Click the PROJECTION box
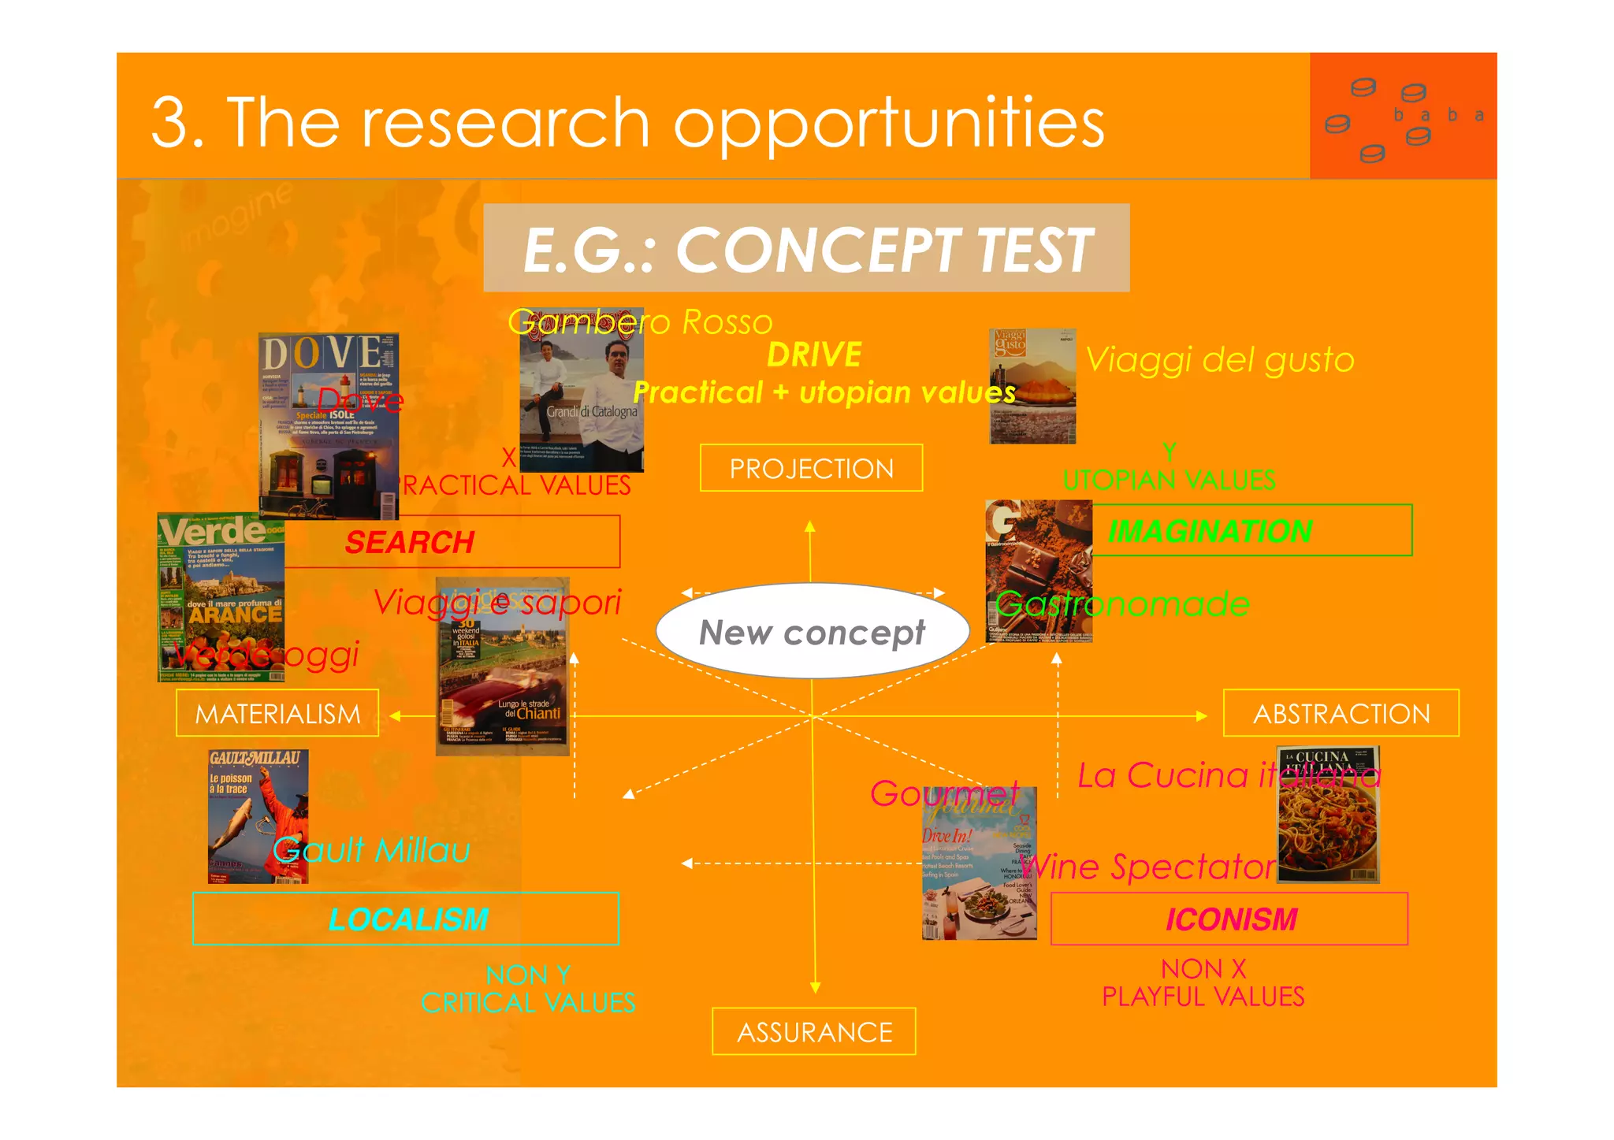tap(811, 468)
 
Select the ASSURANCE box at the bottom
tap(814, 1031)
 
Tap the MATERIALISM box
tap(277, 714)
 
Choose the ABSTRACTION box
tap(1341, 714)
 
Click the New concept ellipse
tap(812, 632)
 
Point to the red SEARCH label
tap(410, 542)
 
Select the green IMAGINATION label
tap(1210, 531)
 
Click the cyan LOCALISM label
tap(408, 919)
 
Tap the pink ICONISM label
tap(1231, 919)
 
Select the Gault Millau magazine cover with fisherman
tap(258, 816)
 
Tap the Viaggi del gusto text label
tap(1219, 360)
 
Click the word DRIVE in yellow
tap(814, 355)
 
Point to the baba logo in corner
tap(1403, 117)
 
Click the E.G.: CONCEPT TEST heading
tap(806, 249)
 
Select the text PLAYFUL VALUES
tap(1203, 997)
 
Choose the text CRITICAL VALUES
tap(528, 1003)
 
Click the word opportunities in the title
tap(888, 123)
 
